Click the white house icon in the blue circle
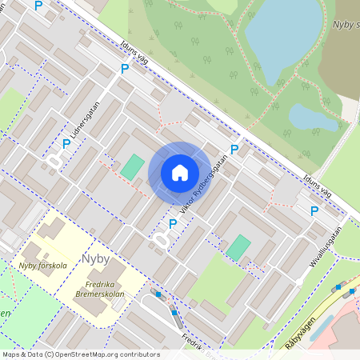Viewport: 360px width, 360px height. pos(180,172)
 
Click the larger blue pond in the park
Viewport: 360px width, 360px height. pos(280,32)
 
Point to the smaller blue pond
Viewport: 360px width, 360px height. pos(313,118)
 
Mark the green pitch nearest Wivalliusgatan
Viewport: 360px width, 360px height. pos(238,246)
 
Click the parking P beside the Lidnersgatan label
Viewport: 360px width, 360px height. pos(66,144)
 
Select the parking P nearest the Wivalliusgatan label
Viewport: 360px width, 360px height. pos(314,211)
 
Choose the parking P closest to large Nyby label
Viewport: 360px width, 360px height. pos(172,223)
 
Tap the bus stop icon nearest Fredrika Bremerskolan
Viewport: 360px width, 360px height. pos(158,295)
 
